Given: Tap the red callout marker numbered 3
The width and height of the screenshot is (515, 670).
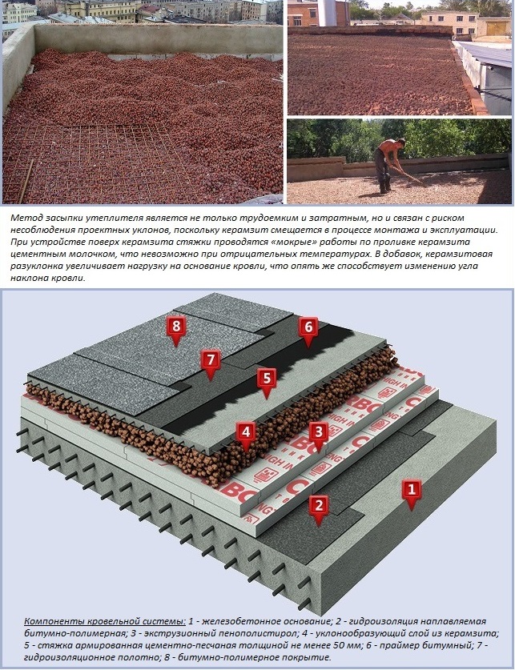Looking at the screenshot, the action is click(x=319, y=435).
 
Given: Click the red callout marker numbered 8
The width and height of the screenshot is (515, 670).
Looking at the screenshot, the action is click(x=175, y=331).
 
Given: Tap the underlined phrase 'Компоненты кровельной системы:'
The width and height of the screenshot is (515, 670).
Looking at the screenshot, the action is click(x=105, y=621).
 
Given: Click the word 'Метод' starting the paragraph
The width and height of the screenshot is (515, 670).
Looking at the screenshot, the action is click(x=24, y=218).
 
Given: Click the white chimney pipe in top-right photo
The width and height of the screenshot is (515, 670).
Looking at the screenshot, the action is click(x=328, y=13).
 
